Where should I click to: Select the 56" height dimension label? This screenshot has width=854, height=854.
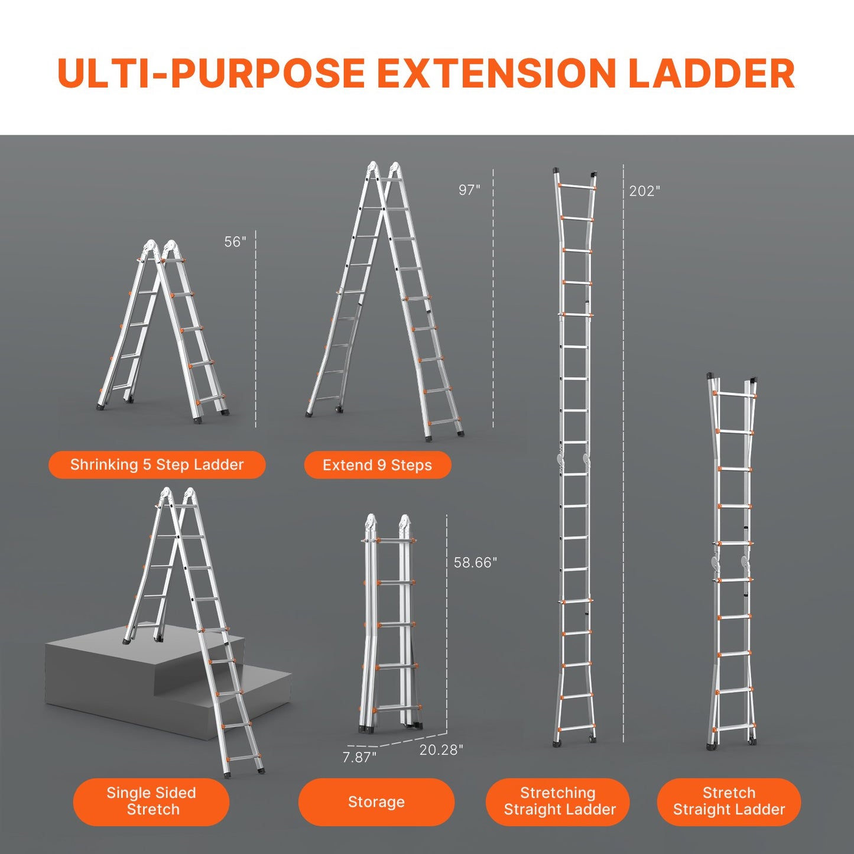tap(235, 242)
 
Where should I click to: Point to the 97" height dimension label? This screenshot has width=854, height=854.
tap(469, 190)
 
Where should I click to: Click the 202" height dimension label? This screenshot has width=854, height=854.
tap(644, 191)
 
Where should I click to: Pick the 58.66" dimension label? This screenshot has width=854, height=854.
tap(475, 563)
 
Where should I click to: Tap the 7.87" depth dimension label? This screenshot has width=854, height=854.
tap(359, 757)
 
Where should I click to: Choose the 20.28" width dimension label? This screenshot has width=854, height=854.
tap(441, 749)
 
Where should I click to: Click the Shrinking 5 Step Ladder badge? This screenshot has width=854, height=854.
tap(157, 465)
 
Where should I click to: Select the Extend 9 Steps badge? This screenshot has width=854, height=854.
tap(377, 465)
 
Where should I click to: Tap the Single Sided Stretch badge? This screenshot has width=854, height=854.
tap(151, 801)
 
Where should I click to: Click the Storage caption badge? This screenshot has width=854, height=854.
tap(376, 802)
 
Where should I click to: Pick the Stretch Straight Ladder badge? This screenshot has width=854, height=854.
tap(729, 801)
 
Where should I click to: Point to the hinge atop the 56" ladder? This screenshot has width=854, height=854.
tap(160, 248)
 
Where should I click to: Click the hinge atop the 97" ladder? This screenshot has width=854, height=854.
tap(384, 170)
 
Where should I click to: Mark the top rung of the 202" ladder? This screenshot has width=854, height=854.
tap(576, 187)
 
